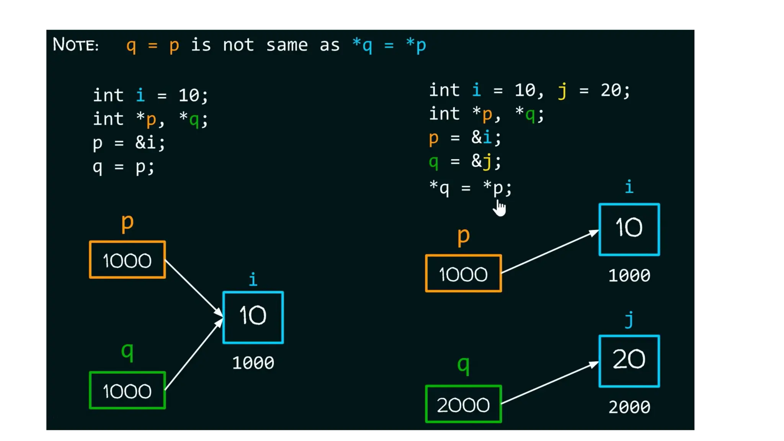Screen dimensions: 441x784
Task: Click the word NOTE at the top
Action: [x=75, y=45]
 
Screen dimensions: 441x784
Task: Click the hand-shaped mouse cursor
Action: [x=500, y=208]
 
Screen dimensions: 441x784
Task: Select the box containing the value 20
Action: [x=629, y=361]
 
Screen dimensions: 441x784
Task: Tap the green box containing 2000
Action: [x=463, y=404]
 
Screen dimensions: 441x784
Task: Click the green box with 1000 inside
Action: [x=127, y=390]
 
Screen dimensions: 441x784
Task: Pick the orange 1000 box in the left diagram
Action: [x=127, y=260]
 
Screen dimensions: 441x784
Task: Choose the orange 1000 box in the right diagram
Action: [x=463, y=273]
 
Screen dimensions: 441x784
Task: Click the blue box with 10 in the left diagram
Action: [x=253, y=317]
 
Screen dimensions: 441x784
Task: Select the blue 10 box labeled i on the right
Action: [x=629, y=229]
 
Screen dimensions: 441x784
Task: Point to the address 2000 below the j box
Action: [x=629, y=407]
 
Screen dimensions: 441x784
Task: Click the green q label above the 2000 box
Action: [x=463, y=364]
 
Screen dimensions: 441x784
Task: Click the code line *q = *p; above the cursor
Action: [x=470, y=188]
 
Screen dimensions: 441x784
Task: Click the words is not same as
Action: [x=265, y=45]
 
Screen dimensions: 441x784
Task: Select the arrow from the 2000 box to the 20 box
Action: [x=550, y=382]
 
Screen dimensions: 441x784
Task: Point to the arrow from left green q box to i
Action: [x=193, y=354]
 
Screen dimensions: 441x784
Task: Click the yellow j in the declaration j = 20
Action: [x=562, y=91]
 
